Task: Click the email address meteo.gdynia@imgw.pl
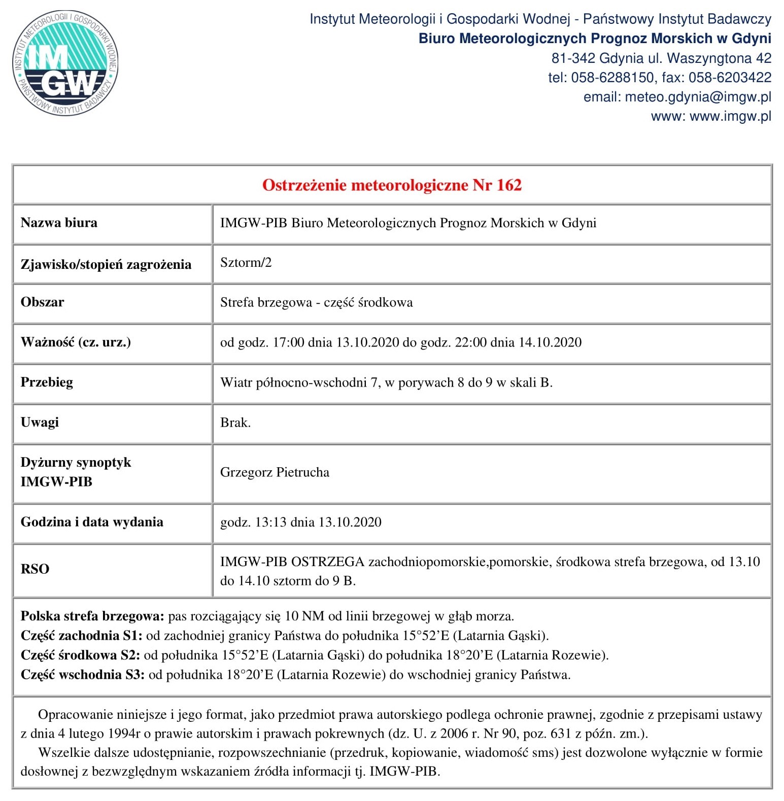[x=698, y=97]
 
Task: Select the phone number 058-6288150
[x=612, y=78]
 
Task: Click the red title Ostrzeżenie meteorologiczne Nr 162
[x=392, y=185]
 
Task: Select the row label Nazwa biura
[x=59, y=223]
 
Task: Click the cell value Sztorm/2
[x=246, y=262]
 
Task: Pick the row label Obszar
[x=42, y=302]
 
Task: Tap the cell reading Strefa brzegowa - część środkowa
[x=316, y=302]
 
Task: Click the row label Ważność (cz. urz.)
[x=76, y=342]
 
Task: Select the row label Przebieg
[x=47, y=382]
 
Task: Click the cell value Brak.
[x=235, y=423]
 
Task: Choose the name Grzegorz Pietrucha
[x=275, y=472]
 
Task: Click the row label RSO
[x=35, y=569]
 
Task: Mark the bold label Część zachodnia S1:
[x=81, y=636]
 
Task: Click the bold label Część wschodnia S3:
[x=82, y=675]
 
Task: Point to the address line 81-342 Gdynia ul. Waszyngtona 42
[x=661, y=58]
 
